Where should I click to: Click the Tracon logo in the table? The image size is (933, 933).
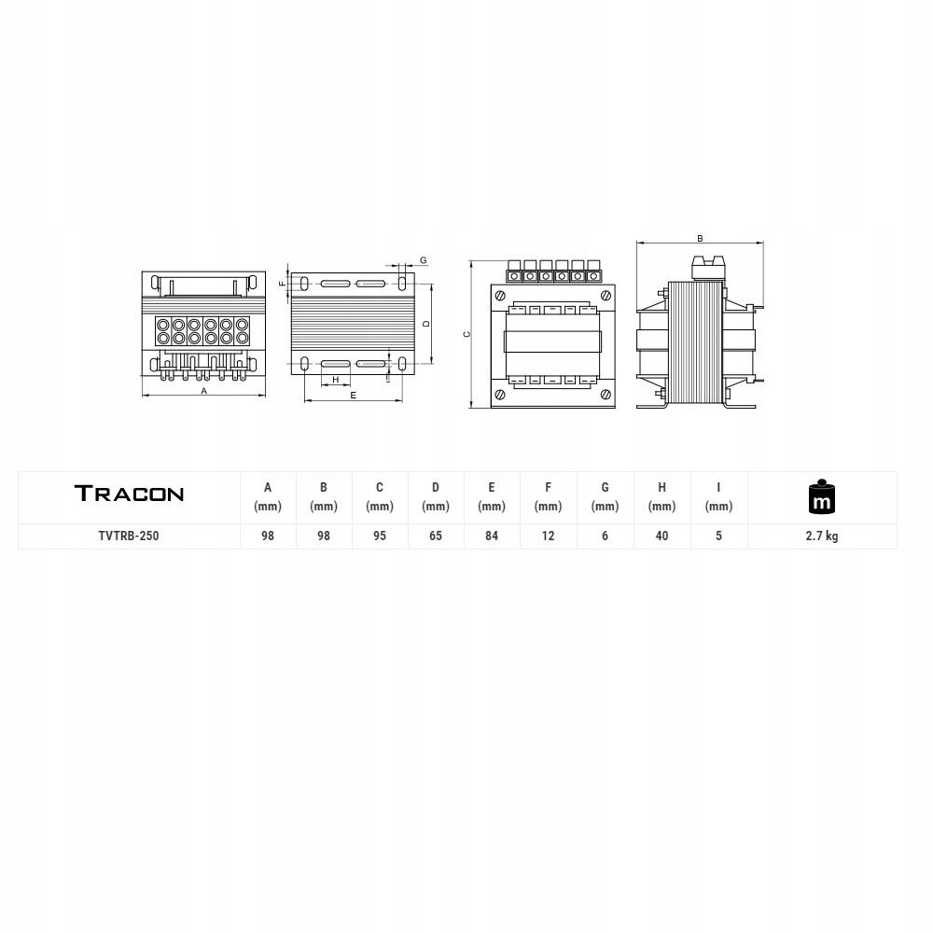129,494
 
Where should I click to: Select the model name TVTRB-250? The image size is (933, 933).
129,536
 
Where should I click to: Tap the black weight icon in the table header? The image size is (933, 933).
821,497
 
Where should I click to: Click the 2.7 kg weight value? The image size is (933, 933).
821,536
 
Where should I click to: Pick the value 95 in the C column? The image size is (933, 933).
380,536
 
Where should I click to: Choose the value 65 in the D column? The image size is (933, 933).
436,536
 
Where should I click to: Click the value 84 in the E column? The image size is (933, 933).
492,536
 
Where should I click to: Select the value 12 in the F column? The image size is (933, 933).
549,536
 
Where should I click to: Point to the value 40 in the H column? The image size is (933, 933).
661,536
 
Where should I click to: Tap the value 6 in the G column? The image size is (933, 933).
606,536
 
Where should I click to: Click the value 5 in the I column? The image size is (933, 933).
718,536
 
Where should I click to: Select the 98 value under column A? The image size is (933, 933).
268,536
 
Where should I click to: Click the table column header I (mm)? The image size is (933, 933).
718,496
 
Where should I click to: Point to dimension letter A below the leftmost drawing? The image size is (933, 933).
204,392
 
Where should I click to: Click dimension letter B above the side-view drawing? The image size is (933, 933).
700,239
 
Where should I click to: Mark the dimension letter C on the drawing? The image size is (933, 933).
466,334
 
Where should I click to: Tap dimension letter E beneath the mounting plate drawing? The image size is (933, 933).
353,396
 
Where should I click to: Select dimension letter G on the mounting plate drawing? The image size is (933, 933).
423,260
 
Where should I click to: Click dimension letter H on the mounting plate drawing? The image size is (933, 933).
335,380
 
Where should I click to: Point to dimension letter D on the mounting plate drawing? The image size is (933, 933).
425,324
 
